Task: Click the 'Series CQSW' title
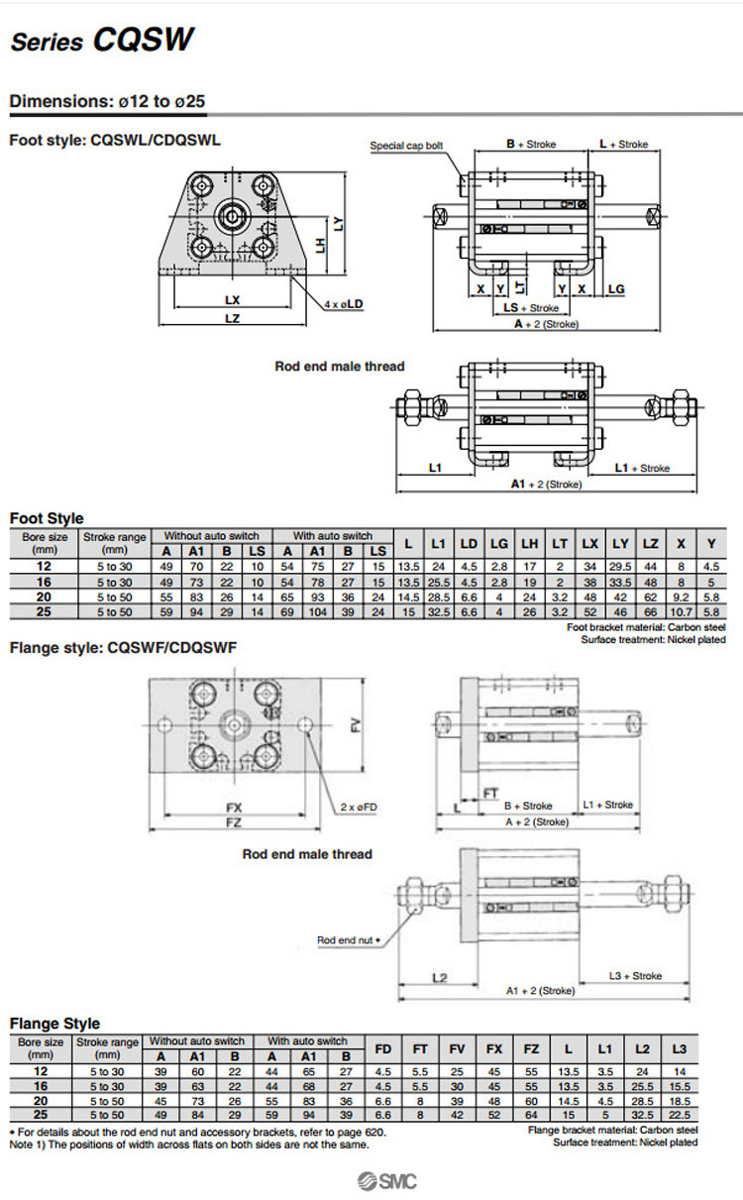(102, 42)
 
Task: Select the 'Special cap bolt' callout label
(406, 146)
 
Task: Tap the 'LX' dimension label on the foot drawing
(232, 299)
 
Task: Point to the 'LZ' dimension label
(232, 319)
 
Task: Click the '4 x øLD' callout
(343, 304)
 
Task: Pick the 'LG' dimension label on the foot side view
(615, 288)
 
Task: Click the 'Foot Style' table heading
(47, 518)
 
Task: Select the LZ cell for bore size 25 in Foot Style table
(651, 612)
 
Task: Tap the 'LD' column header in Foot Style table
(470, 543)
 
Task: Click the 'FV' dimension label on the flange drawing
(355, 725)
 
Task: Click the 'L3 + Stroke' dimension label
(634, 976)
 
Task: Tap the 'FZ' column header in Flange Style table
(531, 1048)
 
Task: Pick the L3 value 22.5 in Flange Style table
(679, 1115)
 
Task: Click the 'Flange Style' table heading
(54, 1024)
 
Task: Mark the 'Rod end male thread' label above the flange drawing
(307, 854)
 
